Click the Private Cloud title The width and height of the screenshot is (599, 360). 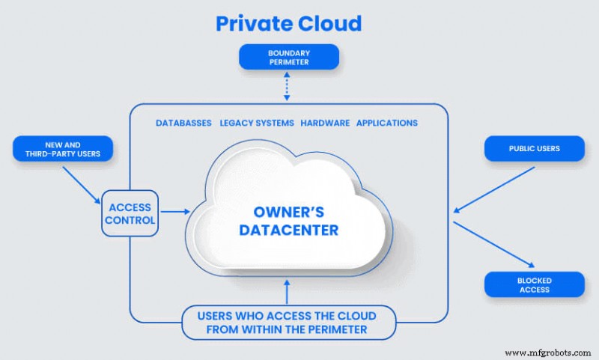288,23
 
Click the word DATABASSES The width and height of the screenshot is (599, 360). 183,123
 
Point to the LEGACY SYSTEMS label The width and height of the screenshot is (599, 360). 257,123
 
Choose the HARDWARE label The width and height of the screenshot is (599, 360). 325,123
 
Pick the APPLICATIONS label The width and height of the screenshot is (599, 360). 387,123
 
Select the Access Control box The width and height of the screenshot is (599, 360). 130,214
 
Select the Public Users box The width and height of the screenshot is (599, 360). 533,148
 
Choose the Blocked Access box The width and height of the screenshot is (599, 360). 533,284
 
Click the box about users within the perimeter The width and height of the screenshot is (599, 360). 288,322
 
